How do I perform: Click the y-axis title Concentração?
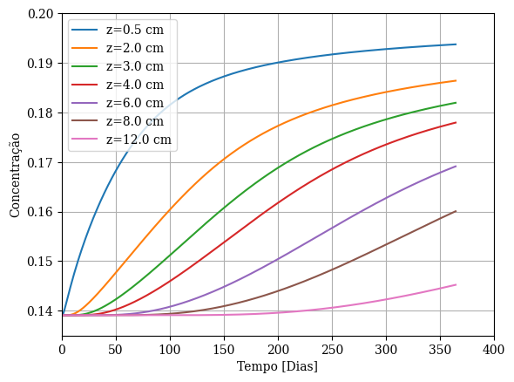coord(15,175)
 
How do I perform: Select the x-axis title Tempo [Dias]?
coord(277,366)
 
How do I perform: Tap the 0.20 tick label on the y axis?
coord(38,14)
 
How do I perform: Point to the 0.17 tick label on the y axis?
coord(38,162)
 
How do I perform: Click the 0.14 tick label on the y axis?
coord(38,311)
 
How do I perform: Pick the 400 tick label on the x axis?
coord(494,350)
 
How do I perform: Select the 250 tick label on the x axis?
coord(332,350)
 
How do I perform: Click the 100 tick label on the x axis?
coord(170,350)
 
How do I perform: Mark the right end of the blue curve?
coord(456,44)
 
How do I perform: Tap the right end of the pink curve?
coord(456,284)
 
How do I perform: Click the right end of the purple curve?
coord(456,167)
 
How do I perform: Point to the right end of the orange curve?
coord(456,80)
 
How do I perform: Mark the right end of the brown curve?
coord(456,211)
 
